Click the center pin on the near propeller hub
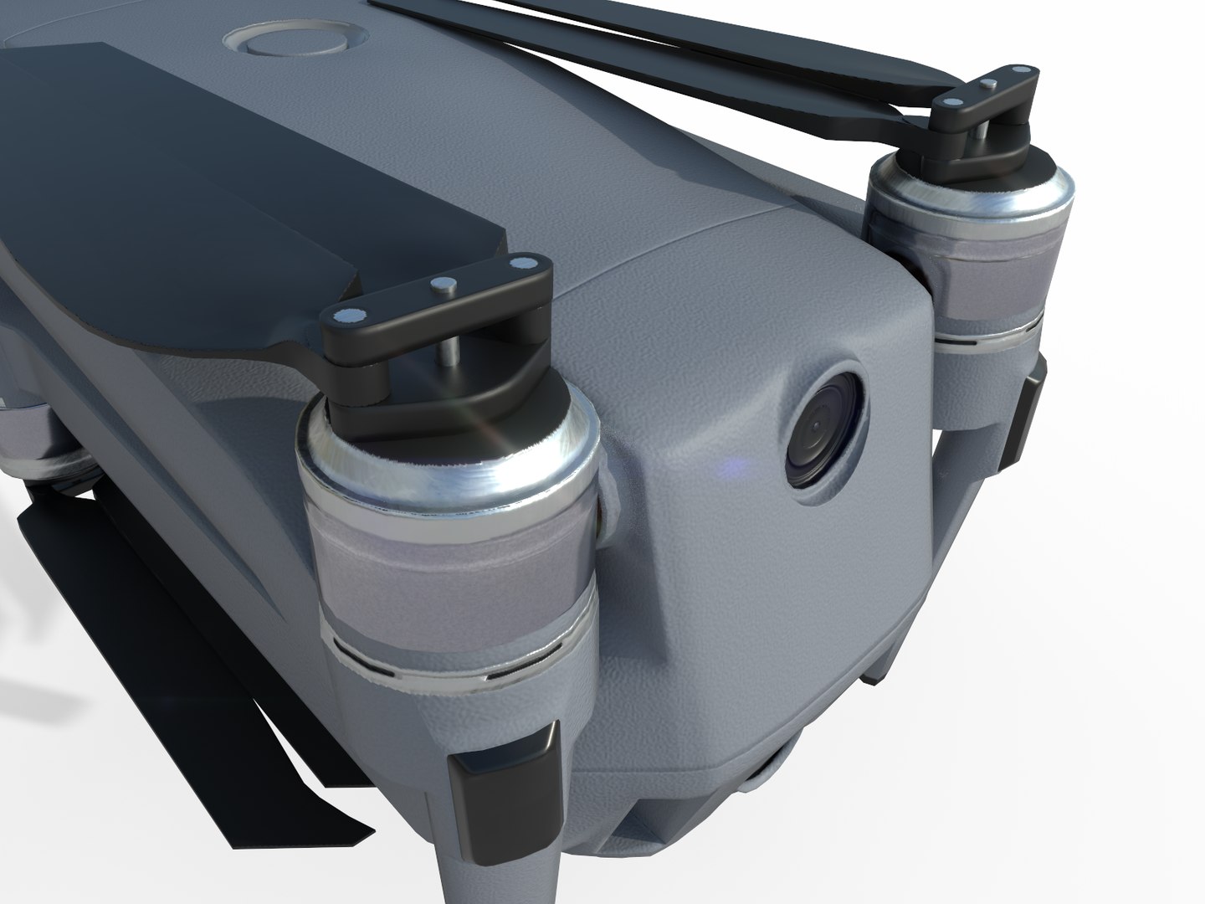[437, 285]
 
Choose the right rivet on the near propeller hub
[525, 265]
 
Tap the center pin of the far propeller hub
[989, 84]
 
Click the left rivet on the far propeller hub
[951, 101]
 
